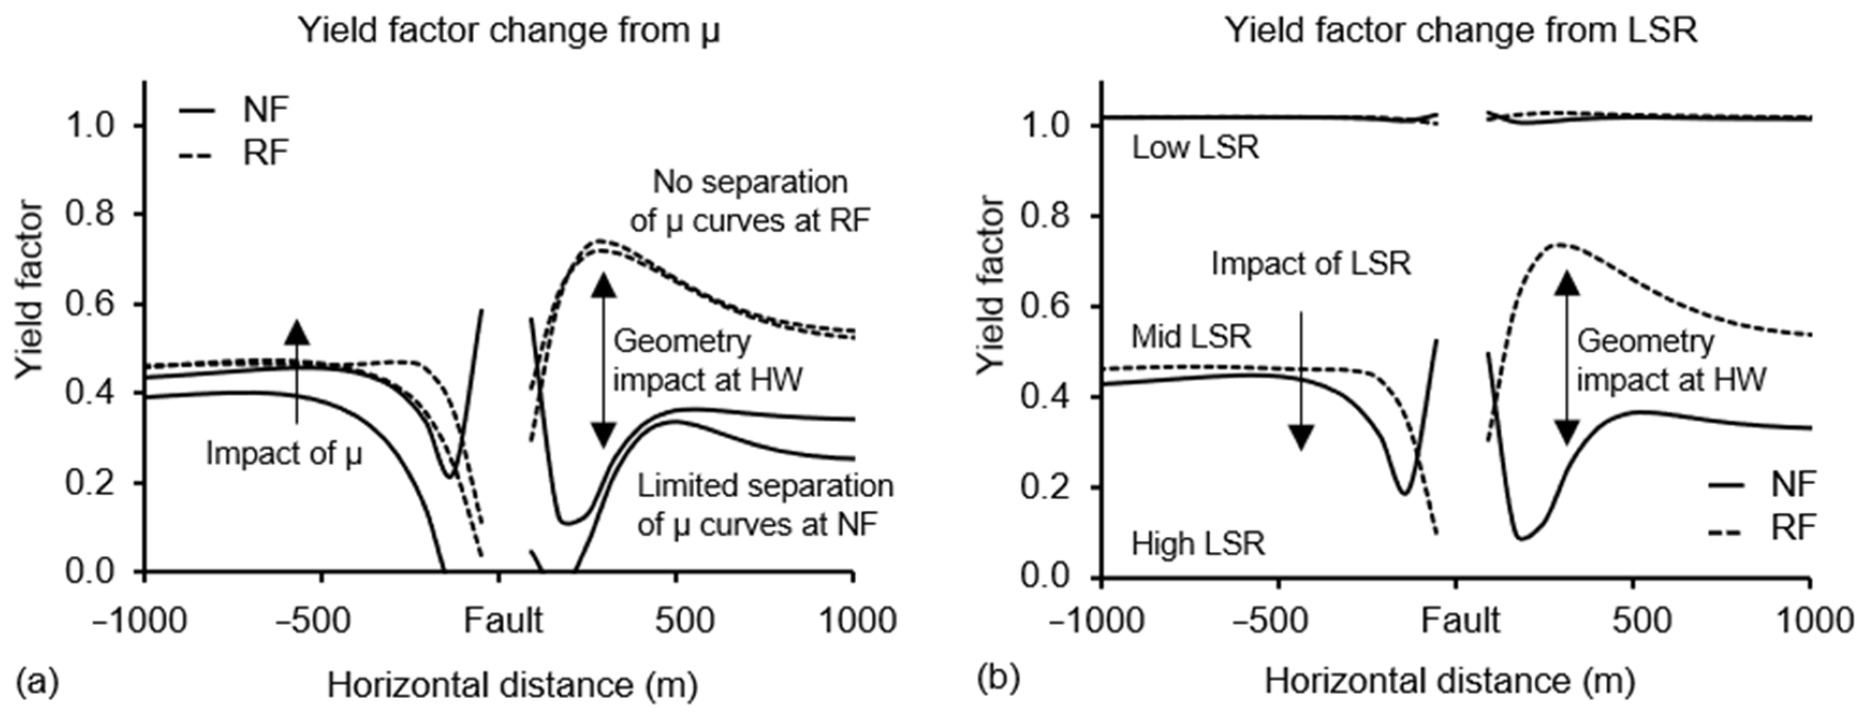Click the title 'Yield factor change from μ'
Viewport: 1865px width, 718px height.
point(509,31)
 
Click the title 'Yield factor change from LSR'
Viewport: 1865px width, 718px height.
point(1460,31)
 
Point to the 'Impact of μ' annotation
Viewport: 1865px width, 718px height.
point(284,454)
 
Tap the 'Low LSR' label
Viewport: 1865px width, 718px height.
point(1195,149)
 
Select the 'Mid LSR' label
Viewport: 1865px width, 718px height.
point(1191,337)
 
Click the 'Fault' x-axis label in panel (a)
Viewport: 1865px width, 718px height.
point(503,620)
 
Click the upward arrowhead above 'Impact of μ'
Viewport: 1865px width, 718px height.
point(297,331)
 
